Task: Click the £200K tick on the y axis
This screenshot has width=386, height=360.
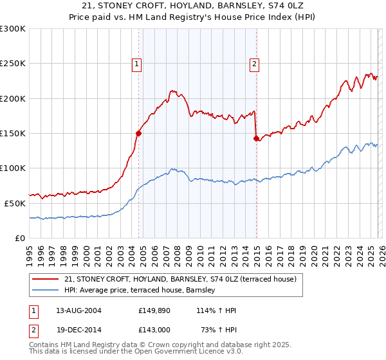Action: (13, 98)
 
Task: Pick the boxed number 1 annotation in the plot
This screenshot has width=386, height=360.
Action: (137, 63)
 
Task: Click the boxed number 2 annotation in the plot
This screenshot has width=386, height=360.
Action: (255, 63)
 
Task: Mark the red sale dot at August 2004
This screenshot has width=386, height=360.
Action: (138, 133)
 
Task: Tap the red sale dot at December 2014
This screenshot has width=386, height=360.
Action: (256, 138)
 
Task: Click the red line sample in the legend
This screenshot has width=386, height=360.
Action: (46, 279)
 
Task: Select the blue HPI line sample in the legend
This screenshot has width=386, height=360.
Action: (46, 291)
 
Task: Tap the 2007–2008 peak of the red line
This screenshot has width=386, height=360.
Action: (172, 91)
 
